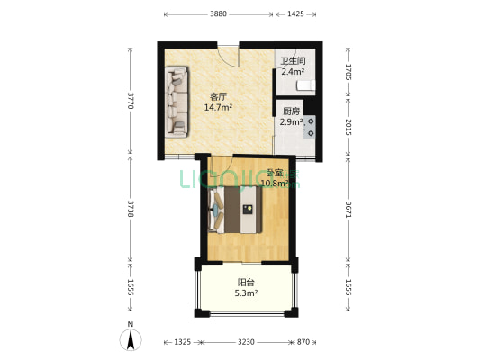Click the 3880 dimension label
pos(218,14)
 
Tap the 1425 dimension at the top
pos(295,14)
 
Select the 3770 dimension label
pos(131,101)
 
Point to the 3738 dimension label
pos(131,209)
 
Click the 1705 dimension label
pos(348,72)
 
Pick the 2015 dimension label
pos(348,127)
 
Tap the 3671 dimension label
pos(348,210)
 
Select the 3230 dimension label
pos(246,342)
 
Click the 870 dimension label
pos(303,342)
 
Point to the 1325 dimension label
pos(183,342)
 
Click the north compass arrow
pos(131,340)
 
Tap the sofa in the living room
pos(177,103)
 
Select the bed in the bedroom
pos(235,210)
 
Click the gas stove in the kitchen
pos(309,127)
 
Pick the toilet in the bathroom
pos(306,85)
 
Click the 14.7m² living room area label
pos(218,108)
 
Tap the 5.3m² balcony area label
pos(246,293)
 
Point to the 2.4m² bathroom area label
pos(293,72)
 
